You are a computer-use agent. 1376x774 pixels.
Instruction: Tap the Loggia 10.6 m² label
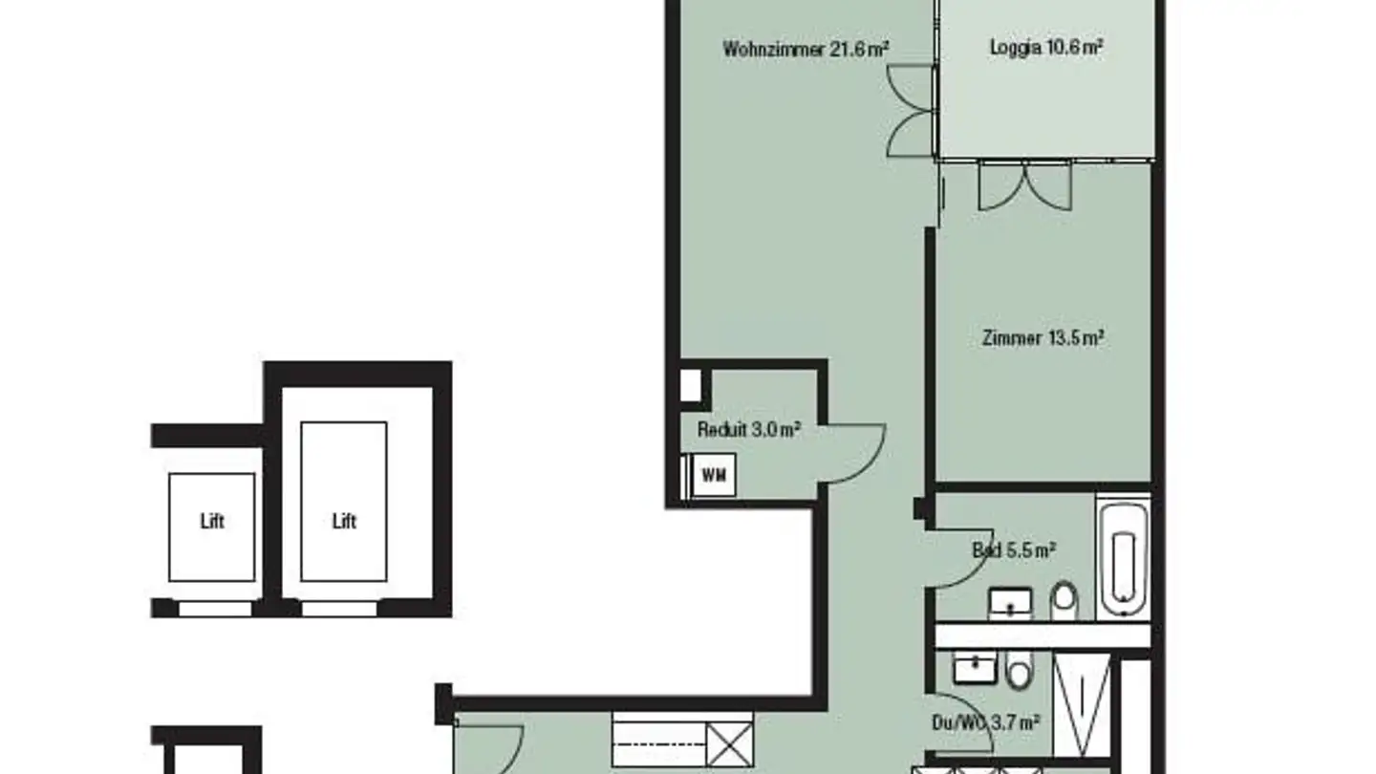tap(1046, 48)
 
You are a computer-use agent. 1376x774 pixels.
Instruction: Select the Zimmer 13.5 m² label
tap(1043, 338)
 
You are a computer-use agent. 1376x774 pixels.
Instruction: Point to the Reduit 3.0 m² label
tap(748, 430)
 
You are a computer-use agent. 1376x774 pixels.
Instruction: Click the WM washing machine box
tap(713, 475)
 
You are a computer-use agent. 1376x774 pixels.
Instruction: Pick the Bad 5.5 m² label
tap(1013, 550)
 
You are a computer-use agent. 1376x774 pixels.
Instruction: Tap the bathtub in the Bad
tap(1123, 557)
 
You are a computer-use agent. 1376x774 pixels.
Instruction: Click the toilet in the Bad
tap(1063, 601)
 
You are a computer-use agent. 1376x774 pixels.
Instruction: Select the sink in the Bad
tap(1010, 603)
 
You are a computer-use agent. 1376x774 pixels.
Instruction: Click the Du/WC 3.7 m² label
tap(986, 723)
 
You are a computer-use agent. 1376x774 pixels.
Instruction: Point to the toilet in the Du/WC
tap(1019, 670)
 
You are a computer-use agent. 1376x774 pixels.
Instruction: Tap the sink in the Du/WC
tap(975, 668)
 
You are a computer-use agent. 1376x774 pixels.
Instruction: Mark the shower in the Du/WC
tap(1083, 705)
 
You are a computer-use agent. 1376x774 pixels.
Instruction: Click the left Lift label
tap(212, 522)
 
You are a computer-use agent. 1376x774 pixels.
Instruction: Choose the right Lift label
tap(344, 522)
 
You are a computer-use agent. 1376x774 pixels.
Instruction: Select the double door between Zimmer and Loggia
tap(1025, 186)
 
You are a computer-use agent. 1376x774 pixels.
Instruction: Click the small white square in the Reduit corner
tap(689, 384)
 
